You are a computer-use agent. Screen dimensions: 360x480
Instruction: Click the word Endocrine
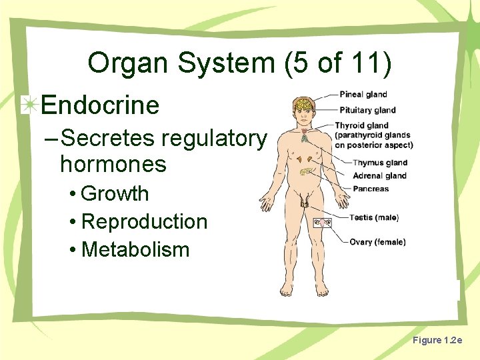tap(100, 105)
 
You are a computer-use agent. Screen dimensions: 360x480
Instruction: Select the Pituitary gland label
tap(367, 110)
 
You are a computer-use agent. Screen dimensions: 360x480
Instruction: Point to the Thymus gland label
tap(380, 163)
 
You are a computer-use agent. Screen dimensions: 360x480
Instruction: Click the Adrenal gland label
tap(379, 176)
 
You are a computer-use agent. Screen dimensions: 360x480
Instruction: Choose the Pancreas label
tap(371, 189)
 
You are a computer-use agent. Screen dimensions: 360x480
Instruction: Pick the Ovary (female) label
tap(377, 242)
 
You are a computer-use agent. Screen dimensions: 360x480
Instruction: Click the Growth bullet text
tap(114, 194)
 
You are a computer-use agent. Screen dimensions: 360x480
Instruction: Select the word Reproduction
tap(144, 222)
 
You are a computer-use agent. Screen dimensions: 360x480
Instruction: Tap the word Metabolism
tap(135, 250)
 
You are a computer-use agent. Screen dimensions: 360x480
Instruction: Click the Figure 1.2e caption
tap(437, 341)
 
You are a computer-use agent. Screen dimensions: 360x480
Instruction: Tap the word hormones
tap(113, 163)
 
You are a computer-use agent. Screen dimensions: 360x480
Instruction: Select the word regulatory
tap(213, 139)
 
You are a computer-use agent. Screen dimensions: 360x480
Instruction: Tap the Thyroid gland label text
tap(361, 125)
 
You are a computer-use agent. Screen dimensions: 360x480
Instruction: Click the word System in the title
tap(217, 64)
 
